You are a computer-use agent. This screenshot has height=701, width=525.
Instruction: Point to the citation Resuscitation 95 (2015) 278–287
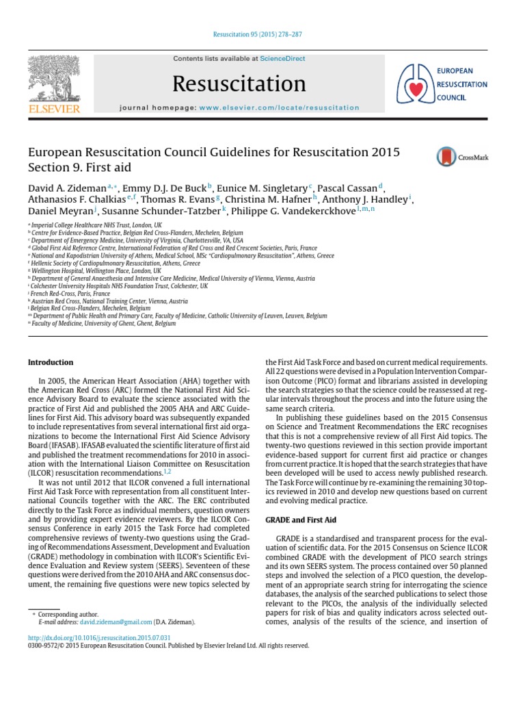[x=262, y=33]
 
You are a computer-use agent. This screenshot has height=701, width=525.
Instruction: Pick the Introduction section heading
[x=50, y=362]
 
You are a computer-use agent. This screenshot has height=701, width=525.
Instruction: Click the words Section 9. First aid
[x=79, y=168]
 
